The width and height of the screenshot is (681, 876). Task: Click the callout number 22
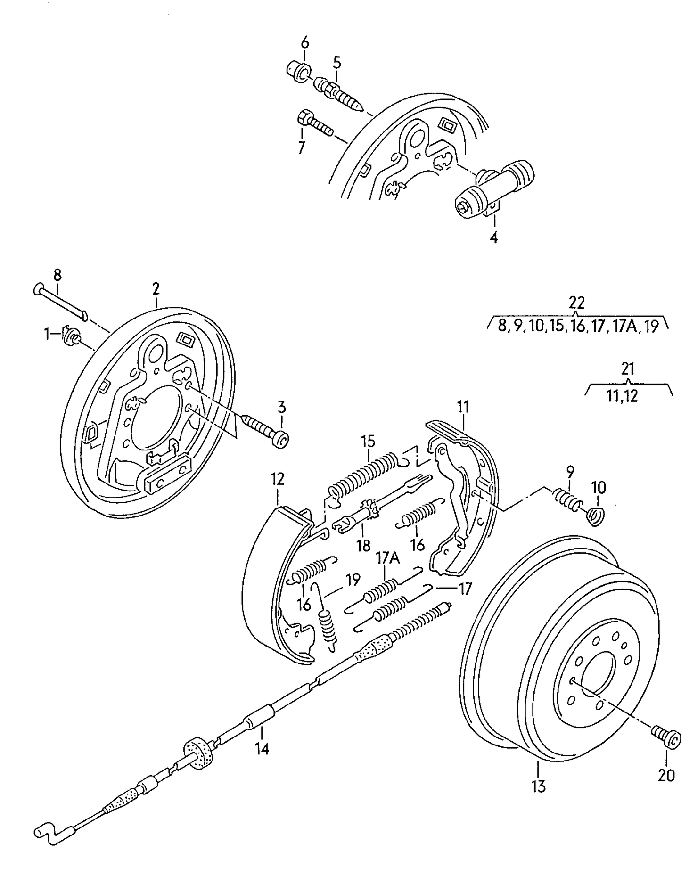point(576,303)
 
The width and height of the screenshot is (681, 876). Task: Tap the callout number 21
point(627,368)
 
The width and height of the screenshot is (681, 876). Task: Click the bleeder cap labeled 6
point(298,71)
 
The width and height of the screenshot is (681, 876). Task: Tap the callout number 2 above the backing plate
point(156,288)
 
